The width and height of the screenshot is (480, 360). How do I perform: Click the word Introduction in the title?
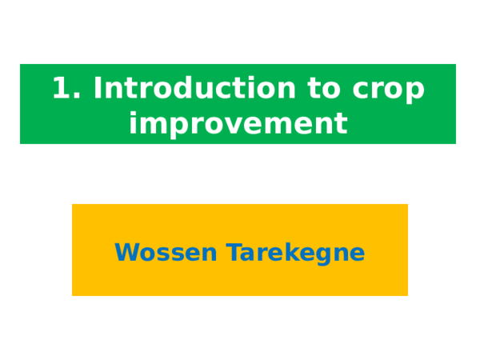tap(194, 88)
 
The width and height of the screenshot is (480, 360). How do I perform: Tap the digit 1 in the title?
tap(62, 87)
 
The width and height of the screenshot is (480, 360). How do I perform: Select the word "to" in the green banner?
tap(324, 89)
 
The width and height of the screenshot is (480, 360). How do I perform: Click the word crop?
tap(389, 91)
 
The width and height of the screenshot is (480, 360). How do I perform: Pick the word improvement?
tap(238, 123)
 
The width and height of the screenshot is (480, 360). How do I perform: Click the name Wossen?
tap(166, 252)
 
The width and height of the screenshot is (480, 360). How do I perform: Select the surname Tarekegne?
tap(295, 253)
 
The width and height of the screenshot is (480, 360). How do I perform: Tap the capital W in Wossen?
tap(129, 252)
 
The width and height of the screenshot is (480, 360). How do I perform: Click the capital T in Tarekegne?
tap(234, 252)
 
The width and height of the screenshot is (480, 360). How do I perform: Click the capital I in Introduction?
tap(98, 87)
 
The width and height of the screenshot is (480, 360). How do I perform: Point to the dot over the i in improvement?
tap(133, 113)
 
